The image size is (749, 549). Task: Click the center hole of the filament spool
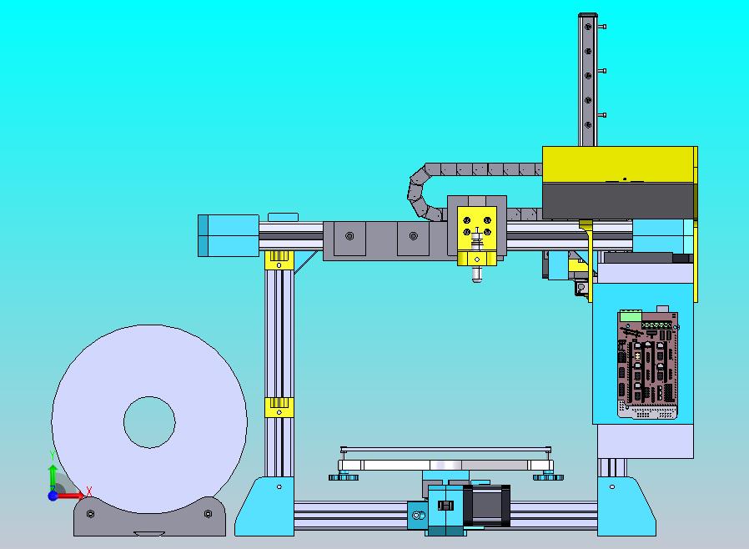(x=149, y=422)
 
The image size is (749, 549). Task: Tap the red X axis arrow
(x=72, y=496)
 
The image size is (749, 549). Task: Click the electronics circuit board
(x=648, y=364)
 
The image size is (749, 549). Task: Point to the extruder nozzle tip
(x=477, y=280)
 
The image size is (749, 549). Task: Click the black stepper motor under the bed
(x=487, y=506)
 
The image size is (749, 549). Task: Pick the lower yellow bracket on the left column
(x=279, y=407)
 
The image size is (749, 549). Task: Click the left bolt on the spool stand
(x=90, y=514)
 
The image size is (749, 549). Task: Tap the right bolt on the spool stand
(x=208, y=514)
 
